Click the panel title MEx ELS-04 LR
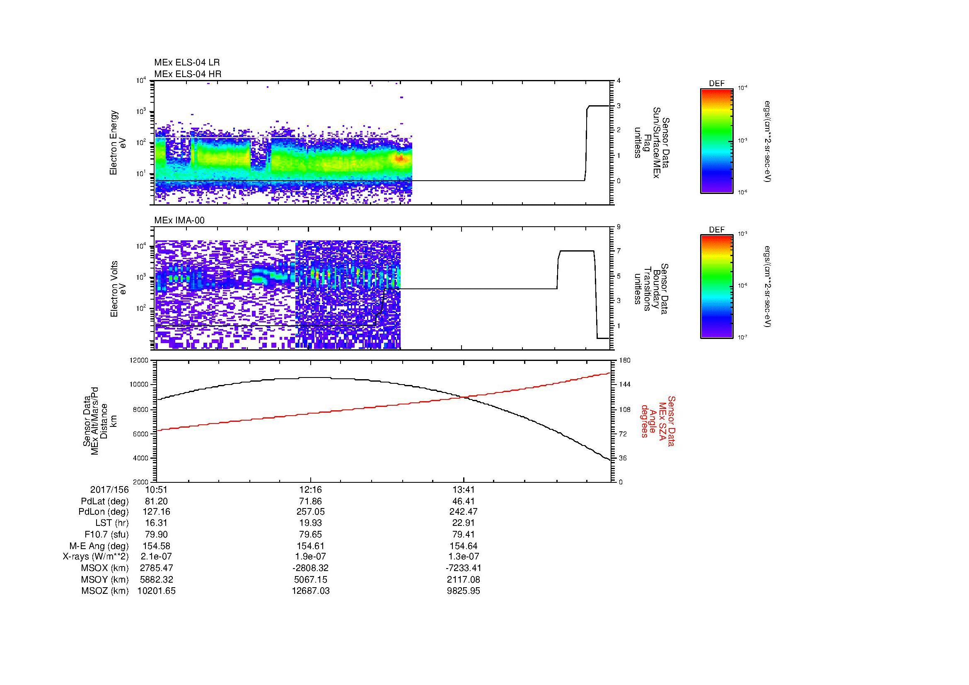coord(186,63)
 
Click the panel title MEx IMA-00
coord(179,220)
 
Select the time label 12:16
coord(311,490)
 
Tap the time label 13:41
coord(464,490)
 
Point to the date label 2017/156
coord(109,490)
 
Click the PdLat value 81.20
coord(156,501)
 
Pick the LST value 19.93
coord(311,523)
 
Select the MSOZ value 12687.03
coord(311,591)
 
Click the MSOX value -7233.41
coord(464,568)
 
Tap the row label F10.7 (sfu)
coord(106,534)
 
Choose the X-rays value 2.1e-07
coord(156,557)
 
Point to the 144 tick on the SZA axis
coord(625,385)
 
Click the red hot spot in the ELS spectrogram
coord(399,158)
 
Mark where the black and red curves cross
coord(464,397)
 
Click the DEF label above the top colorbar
coord(717,84)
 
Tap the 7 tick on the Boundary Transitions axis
coord(619,251)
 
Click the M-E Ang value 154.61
coord(311,546)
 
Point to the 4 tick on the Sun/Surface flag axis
coord(619,81)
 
